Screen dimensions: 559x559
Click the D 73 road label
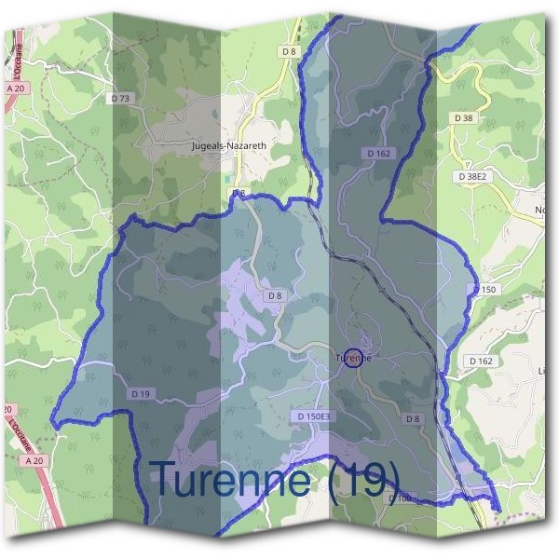(122, 97)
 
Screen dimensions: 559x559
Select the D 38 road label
(464, 118)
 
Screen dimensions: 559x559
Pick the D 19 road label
(142, 394)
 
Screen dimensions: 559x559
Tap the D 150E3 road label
(314, 416)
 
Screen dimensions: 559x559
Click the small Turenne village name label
(353, 357)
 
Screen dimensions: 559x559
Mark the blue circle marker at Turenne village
(353, 358)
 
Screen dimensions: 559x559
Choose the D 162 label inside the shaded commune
(378, 153)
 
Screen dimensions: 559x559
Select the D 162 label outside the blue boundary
(481, 361)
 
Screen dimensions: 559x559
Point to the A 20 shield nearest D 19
(34, 460)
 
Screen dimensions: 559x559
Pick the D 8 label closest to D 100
(413, 419)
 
